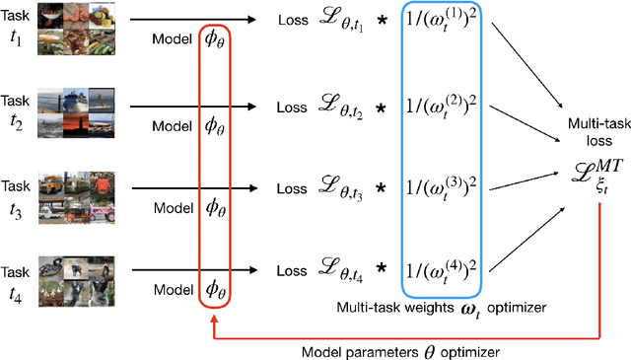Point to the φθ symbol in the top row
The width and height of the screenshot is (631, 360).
[x=216, y=41]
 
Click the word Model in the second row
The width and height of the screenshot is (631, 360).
[x=174, y=125]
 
